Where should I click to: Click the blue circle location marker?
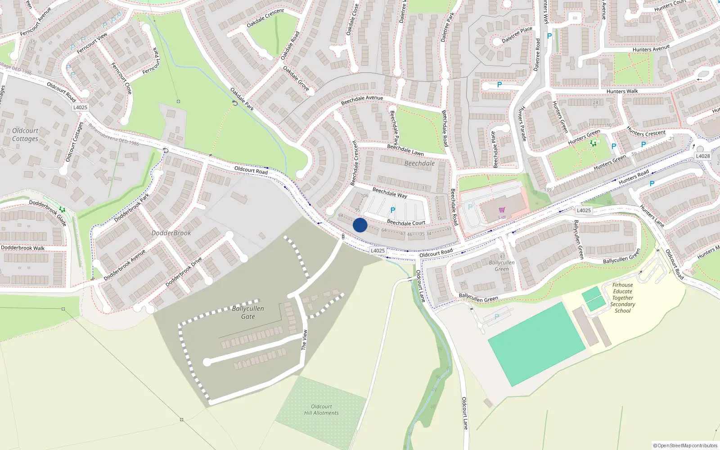[x=360, y=225]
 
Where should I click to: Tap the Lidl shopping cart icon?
[x=502, y=210]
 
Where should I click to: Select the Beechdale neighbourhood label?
[x=419, y=163]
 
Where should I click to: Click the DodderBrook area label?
[x=171, y=233]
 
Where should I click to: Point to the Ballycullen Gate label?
[x=248, y=312]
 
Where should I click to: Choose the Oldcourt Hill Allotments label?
[x=321, y=409]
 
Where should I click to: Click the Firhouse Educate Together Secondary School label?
[x=623, y=297]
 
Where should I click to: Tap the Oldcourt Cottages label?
[x=25, y=135]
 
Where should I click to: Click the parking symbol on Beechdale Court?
[x=393, y=210]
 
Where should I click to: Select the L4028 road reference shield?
[x=703, y=156]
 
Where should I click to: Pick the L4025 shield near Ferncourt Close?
[x=80, y=107]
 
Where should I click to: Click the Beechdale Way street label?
[x=390, y=193]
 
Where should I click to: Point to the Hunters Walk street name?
[x=622, y=91]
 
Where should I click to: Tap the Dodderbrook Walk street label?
[x=23, y=247]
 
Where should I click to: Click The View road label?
[x=304, y=340]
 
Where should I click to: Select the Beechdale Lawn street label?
[x=405, y=150]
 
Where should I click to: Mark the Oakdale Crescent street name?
[x=265, y=18]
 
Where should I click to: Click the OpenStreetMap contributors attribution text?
[x=685, y=445]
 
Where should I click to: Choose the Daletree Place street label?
[x=517, y=35]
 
